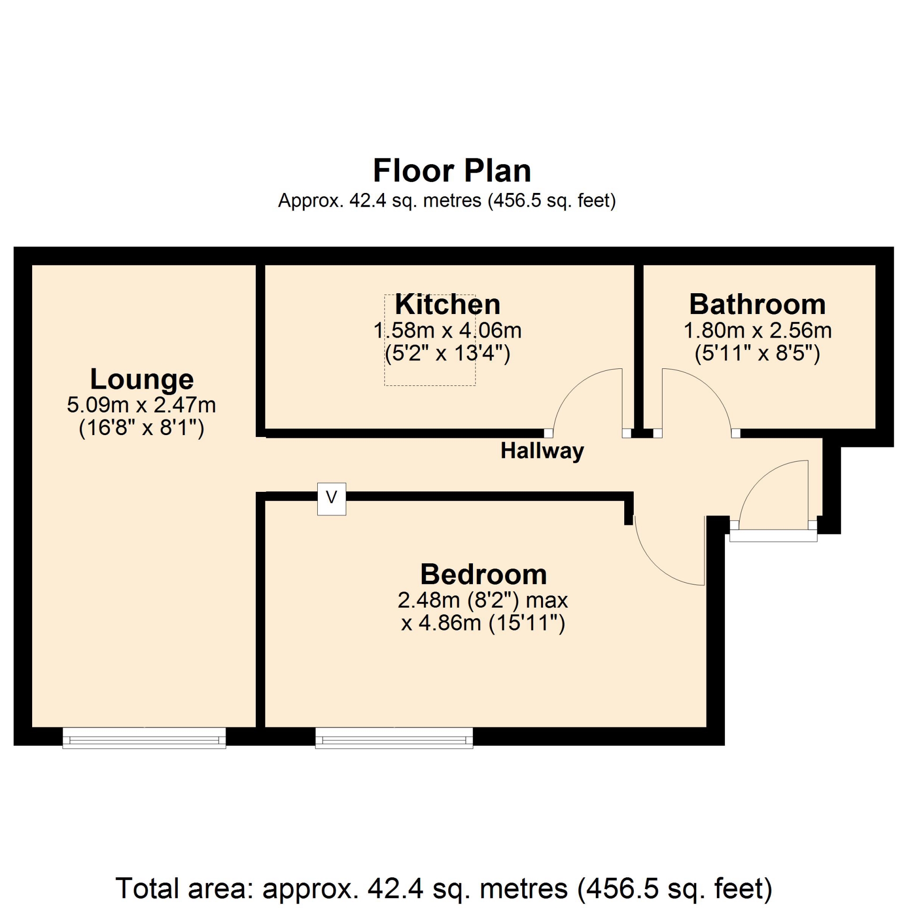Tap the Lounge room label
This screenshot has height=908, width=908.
pyautogui.click(x=142, y=380)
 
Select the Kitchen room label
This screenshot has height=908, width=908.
pyautogui.click(x=447, y=304)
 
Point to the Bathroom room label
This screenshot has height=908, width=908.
pyautogui.click(x=757, y=304)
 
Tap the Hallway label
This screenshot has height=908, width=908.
pyautogui.click(x=542, y=451)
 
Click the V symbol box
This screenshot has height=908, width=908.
pyautogui.click(x=332, y=499)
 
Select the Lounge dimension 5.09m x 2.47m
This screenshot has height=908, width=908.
pyautogui.click(x=141, y=405)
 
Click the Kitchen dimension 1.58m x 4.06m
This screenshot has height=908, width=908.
pyautogui.click(x=447, y=330)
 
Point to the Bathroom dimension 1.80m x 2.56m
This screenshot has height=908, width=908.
pyautogui.click(x=757, y=330)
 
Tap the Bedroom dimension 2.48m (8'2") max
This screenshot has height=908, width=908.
pyautogui.click(x=482, y=600)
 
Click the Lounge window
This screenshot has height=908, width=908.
pyautogui.click(x=144, y=738)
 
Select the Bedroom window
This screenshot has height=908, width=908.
pyautogui.click(x=394, y=738)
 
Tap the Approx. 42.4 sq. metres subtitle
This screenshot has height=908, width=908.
pyautogui.click(x=447, y=201)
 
